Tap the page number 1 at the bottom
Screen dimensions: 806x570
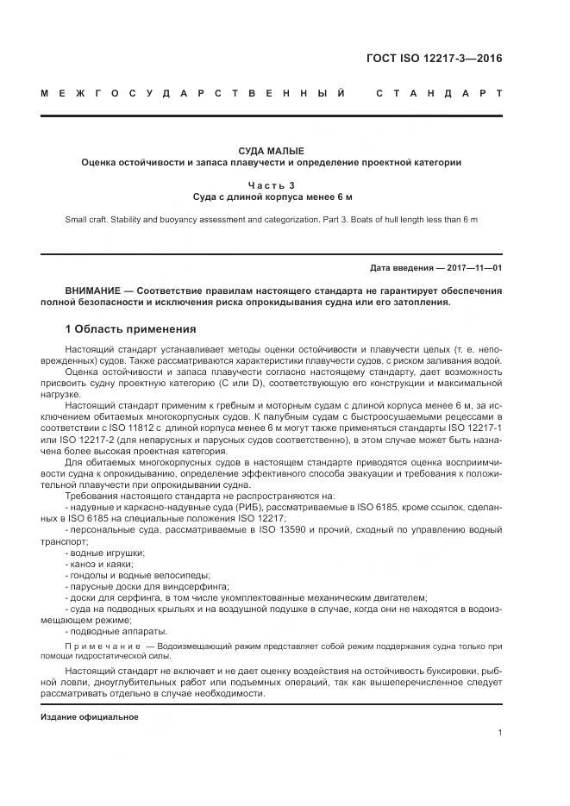click(500, 733)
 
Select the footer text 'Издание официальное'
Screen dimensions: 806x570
click(89, 716)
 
